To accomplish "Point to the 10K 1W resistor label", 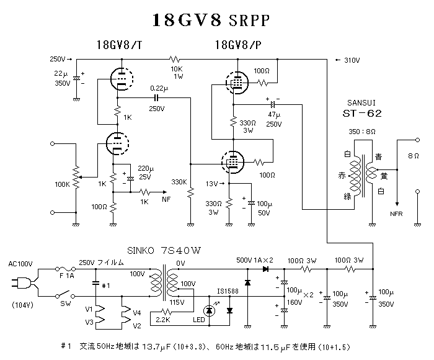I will pos(177,71).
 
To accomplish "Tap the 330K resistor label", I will pos(179,182).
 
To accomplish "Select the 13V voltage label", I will pos(212,184).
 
